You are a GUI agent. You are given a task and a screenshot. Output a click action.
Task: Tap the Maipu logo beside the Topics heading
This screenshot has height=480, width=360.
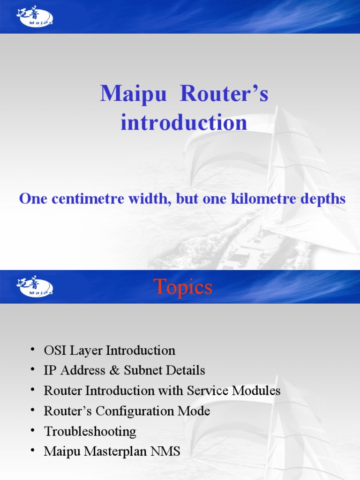pos(35,287)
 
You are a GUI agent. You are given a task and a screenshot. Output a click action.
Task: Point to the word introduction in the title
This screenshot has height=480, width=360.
pos(183,123)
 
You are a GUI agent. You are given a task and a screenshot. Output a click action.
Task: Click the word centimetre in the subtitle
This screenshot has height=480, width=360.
pos(86,199)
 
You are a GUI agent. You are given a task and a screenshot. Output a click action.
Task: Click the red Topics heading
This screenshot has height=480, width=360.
pos(183,287)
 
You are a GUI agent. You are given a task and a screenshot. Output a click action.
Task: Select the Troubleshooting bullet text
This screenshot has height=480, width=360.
pos(90,431)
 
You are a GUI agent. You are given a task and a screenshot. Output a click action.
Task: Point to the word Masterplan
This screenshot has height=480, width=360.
pos(123,451)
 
